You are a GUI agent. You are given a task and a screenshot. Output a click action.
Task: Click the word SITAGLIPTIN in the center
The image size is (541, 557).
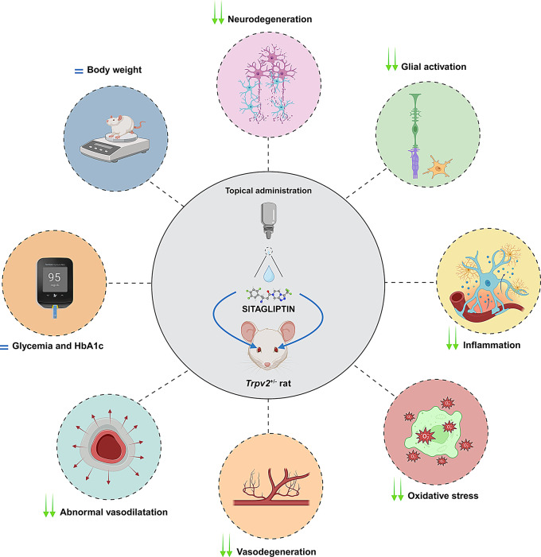point(270,290)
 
